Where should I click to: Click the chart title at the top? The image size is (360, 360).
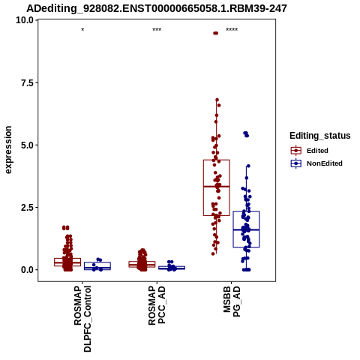(x=157, y=9)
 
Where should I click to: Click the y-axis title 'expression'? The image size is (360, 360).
(x=8, y=150)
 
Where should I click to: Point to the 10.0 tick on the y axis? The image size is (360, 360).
(x=25, y=20)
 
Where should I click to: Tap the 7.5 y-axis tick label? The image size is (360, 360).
(x=28, y=82)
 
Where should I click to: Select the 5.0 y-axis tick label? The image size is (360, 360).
(x=28, y=145)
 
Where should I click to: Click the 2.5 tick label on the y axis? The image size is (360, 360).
(x=28, y=207)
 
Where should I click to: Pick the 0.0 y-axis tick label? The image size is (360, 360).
(x=28, y=270)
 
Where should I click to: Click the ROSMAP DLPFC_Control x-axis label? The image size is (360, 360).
(x=82, y=319)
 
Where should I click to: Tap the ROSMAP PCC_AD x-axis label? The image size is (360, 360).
(x=157, y=305)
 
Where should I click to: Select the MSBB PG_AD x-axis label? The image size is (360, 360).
(x=232, y=301)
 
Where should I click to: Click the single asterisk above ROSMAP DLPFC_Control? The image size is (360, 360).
(x=82, y=30)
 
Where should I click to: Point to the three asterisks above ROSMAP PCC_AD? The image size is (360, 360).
(x=157, y=30)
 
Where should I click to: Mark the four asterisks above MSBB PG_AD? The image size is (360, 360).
(x=232, y=30)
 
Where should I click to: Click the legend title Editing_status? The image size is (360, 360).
(x=320, y=136)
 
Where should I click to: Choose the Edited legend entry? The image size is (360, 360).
(x=310, y=151)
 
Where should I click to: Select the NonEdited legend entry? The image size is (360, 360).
(x=316, y=163)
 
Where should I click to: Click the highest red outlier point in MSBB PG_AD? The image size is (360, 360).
(x=216, y=33)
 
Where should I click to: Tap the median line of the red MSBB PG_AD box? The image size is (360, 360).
(x=217, y=187)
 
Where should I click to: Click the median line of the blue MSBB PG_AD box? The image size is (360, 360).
(x=246, y=229)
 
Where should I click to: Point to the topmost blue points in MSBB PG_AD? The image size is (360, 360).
(x=246, y=134)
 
